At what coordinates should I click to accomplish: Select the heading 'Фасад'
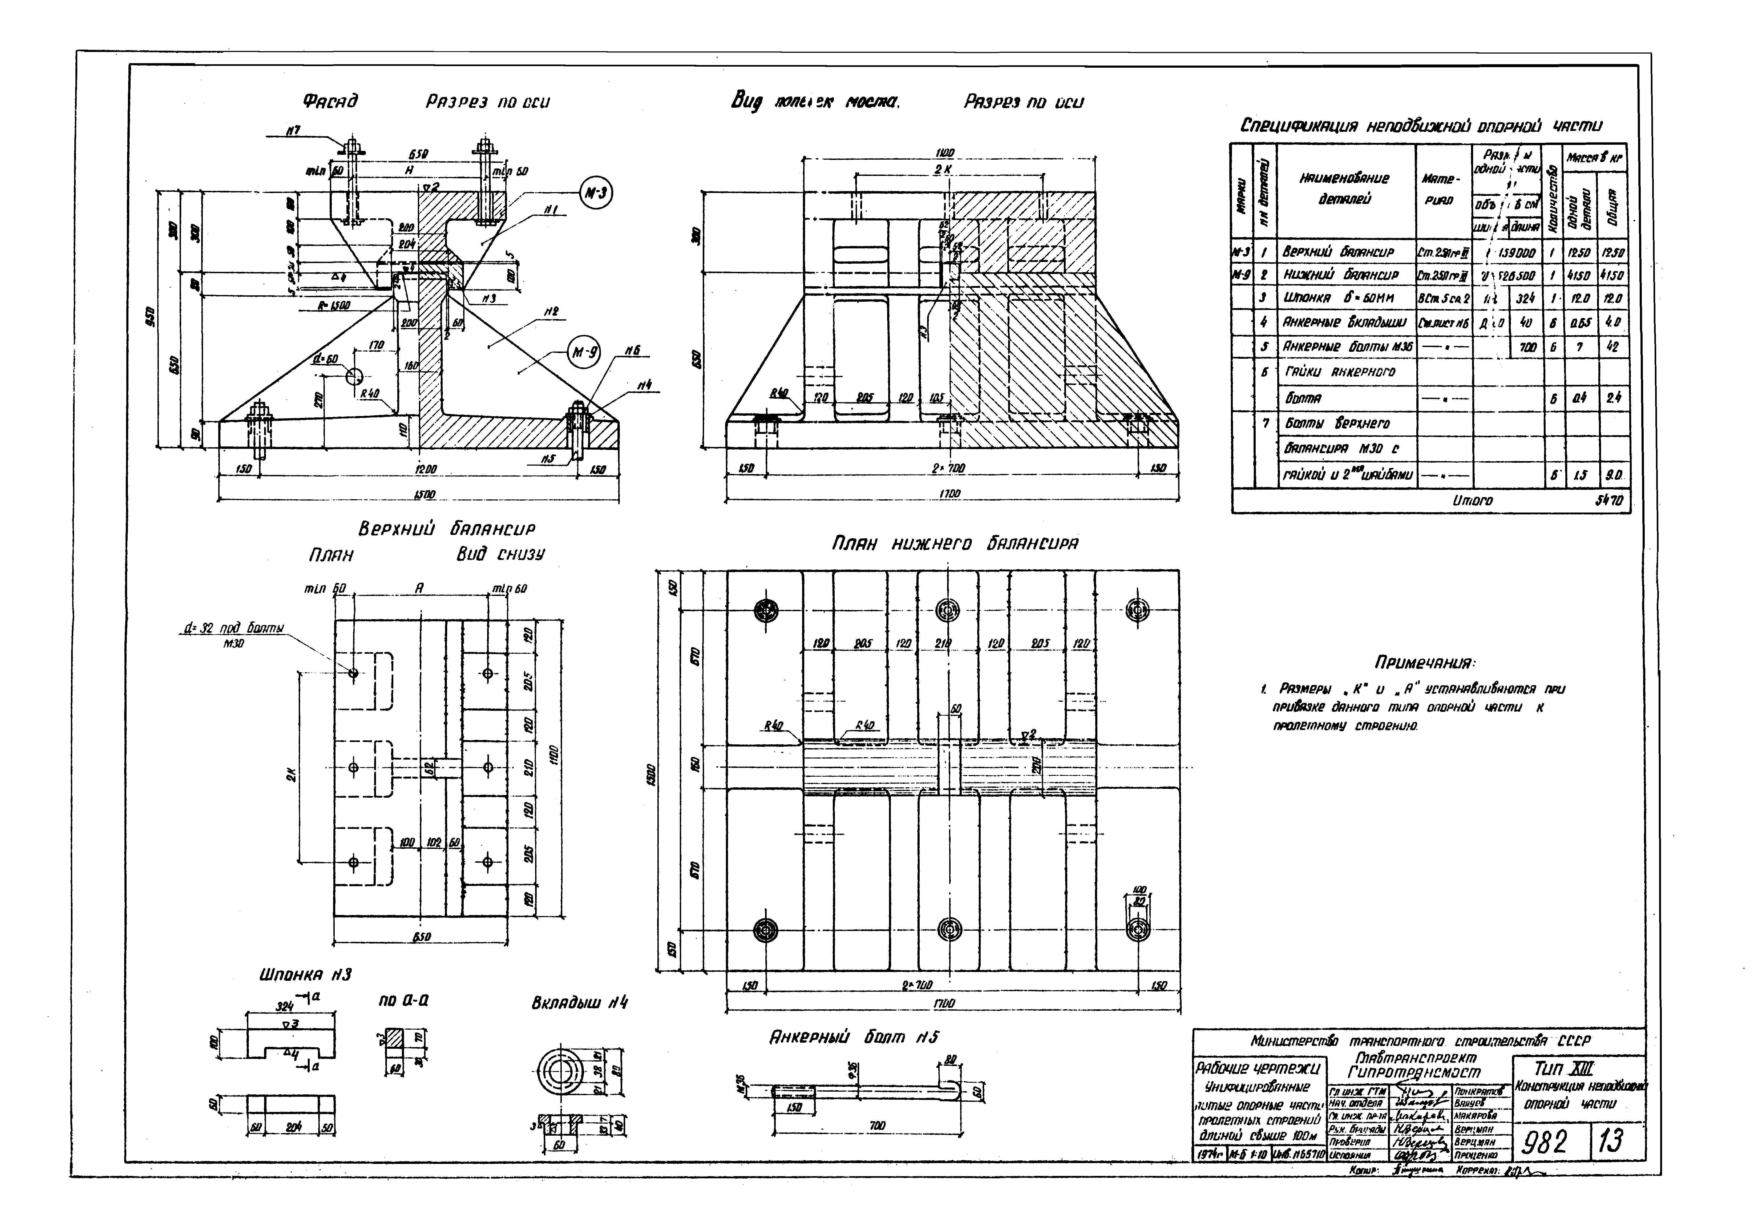click(330, 102)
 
